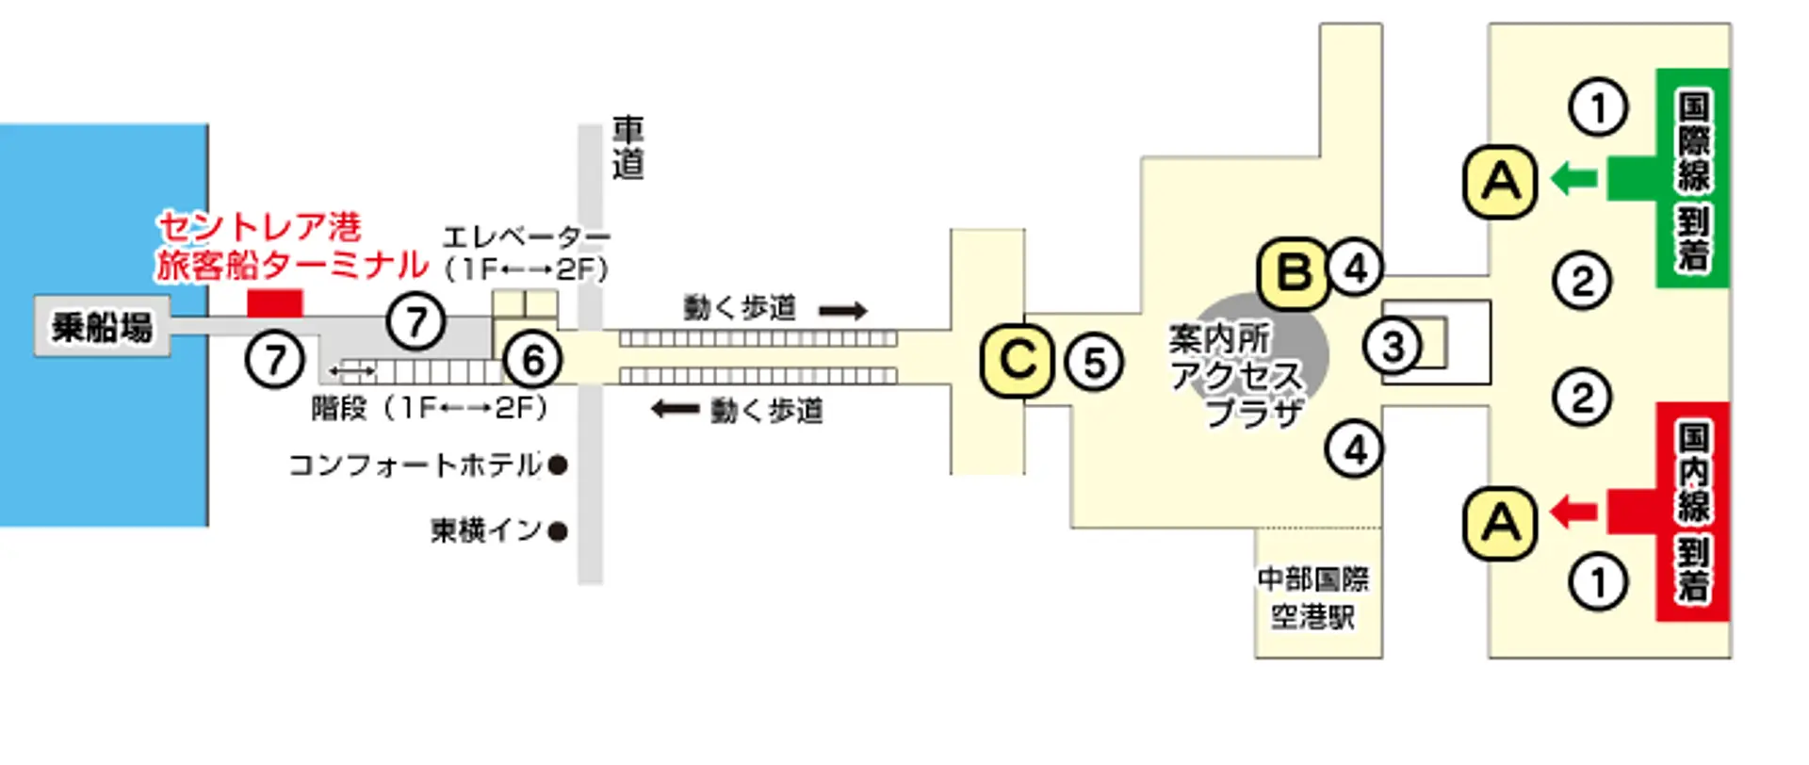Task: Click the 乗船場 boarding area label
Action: coord(102,327)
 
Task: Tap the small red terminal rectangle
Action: coord(274,303)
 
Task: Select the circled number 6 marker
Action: coord(533,360)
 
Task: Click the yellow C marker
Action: coord(1017,360)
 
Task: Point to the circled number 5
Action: coord(1094,363)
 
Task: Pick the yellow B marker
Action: coord(1295,274)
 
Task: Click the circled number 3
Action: coord(1393,347)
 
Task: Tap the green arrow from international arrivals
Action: coord(1573,177)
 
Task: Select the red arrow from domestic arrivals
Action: coord(1573,512)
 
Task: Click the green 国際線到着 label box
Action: coord(1693,177)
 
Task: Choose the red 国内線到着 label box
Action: coord(1693,512)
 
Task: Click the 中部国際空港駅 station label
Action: coord(1313,597)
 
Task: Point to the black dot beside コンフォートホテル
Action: coord(558,464)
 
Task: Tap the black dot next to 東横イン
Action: coord(558,531)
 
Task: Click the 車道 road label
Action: coord(627,148)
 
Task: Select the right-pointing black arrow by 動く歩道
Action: coord(842,310)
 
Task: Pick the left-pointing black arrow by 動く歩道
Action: coord(675,409)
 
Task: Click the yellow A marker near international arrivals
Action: coord(1500,182)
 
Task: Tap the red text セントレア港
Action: coord(259,227)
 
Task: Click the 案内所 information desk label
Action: coord(1218,338)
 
